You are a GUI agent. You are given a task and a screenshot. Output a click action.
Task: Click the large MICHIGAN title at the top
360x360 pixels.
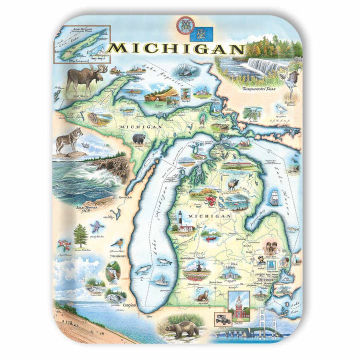176,48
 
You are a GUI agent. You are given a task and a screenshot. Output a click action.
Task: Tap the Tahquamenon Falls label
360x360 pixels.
260,88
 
